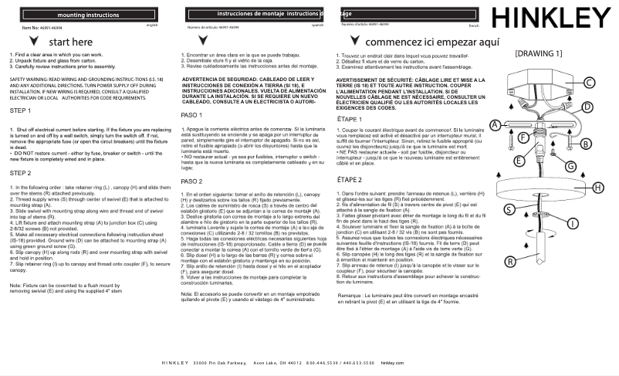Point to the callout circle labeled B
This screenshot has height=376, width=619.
click(586, 144)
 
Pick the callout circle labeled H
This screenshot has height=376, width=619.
click(597, 187)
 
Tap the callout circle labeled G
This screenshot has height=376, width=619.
click(570, 166)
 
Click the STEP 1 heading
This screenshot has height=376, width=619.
click(21, 111)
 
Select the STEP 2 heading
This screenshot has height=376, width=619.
click(21, 173)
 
